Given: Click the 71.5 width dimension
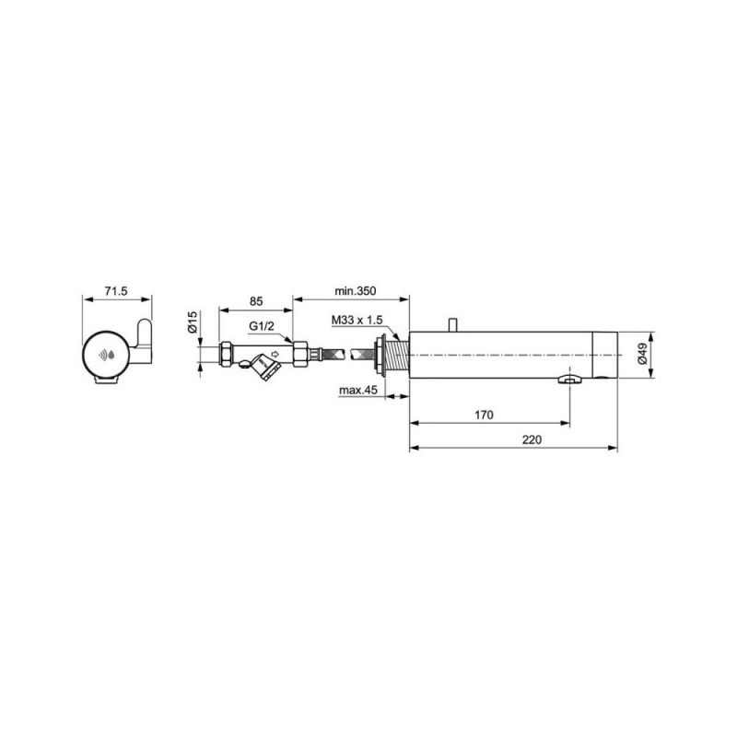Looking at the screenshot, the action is coord(116,291).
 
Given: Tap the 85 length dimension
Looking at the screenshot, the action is coord(256,301).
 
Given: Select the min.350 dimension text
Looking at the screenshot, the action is coord(356,291).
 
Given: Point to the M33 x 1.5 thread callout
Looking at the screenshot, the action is coord(357,320).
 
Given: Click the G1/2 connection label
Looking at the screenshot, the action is coord(262,326).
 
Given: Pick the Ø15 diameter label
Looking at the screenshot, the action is coord(193,322).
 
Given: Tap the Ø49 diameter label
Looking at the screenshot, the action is coord(642,353).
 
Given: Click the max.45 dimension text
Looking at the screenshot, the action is coord(358,390).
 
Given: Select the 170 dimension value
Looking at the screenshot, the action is coord(485,415).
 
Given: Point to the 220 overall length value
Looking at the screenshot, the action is coord(532,440).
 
